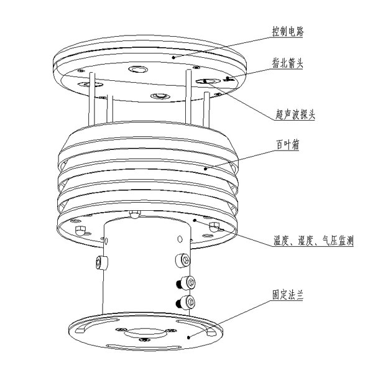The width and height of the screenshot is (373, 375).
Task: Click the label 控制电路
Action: (x=288, y=31)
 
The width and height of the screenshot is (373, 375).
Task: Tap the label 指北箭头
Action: (x=288, y=63)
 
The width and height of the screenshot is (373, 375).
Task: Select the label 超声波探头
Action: (x=295, y=114)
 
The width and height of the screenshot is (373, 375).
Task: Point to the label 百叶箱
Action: (x=287, y=145)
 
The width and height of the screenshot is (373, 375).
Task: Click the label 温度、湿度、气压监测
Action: (x=313, y=240)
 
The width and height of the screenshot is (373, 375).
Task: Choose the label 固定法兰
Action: (x=288, y=295)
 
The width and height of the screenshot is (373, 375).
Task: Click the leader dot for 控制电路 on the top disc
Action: (x=173, y=57)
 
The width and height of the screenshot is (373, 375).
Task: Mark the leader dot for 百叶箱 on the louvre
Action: (x=205, y=169)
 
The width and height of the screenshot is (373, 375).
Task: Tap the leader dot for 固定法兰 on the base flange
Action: (x=188, y=338)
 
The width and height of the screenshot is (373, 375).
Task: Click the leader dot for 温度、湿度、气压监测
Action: (x=195, y=220)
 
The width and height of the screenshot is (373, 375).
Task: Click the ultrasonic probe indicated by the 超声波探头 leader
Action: (x=208, y=81)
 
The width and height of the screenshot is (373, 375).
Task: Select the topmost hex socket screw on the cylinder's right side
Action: (x=183, y=260)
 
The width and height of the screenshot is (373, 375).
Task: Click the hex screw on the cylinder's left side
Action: (x=101, y=262)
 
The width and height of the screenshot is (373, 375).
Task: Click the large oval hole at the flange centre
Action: (x=145, y=333)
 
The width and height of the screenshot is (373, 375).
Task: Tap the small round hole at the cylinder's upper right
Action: (x=180, y=239)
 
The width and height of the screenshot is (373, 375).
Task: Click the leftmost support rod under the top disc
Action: (x=92, y=99)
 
